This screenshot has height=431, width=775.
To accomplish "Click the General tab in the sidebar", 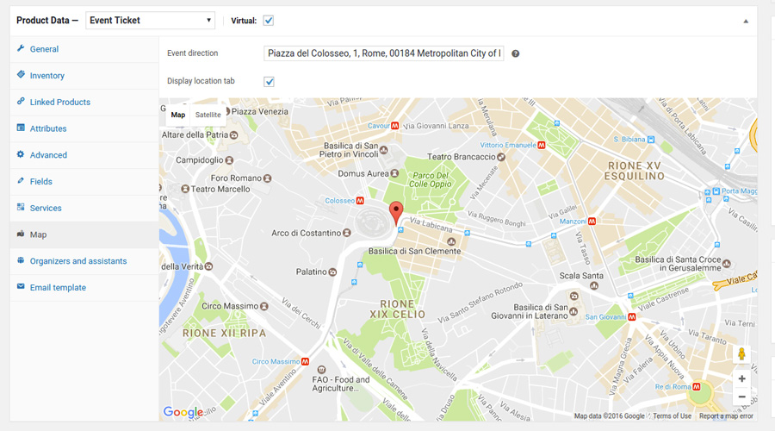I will (x=44, y=49).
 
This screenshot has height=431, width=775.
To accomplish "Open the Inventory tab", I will (x=46, y=76).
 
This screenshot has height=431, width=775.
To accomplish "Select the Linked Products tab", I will (x=59, y=102).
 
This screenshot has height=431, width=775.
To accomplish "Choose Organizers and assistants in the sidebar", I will (x=77, y=261).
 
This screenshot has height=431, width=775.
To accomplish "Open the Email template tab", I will (x=58, y=288).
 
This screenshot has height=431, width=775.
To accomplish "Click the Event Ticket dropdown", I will (x=151, y=20).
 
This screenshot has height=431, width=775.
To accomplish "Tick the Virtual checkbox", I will (x=269, y=20).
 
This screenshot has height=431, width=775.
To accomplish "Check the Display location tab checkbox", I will (x=269, y=81).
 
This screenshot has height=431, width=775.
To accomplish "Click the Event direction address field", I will (x=384, y=53).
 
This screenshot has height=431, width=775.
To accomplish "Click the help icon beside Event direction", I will (x=516, y=53).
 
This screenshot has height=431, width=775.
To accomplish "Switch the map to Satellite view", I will (x=208, y=115).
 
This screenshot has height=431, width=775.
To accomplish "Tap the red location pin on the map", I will (x=395, y=211).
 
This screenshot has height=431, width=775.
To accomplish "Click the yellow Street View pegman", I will (x=741, y=353).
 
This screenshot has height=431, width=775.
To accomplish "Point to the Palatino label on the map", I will (x=312, y=272).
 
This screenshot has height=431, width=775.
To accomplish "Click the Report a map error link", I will (x=726, y=416).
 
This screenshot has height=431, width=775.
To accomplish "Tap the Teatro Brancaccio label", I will (x=462, y=157).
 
